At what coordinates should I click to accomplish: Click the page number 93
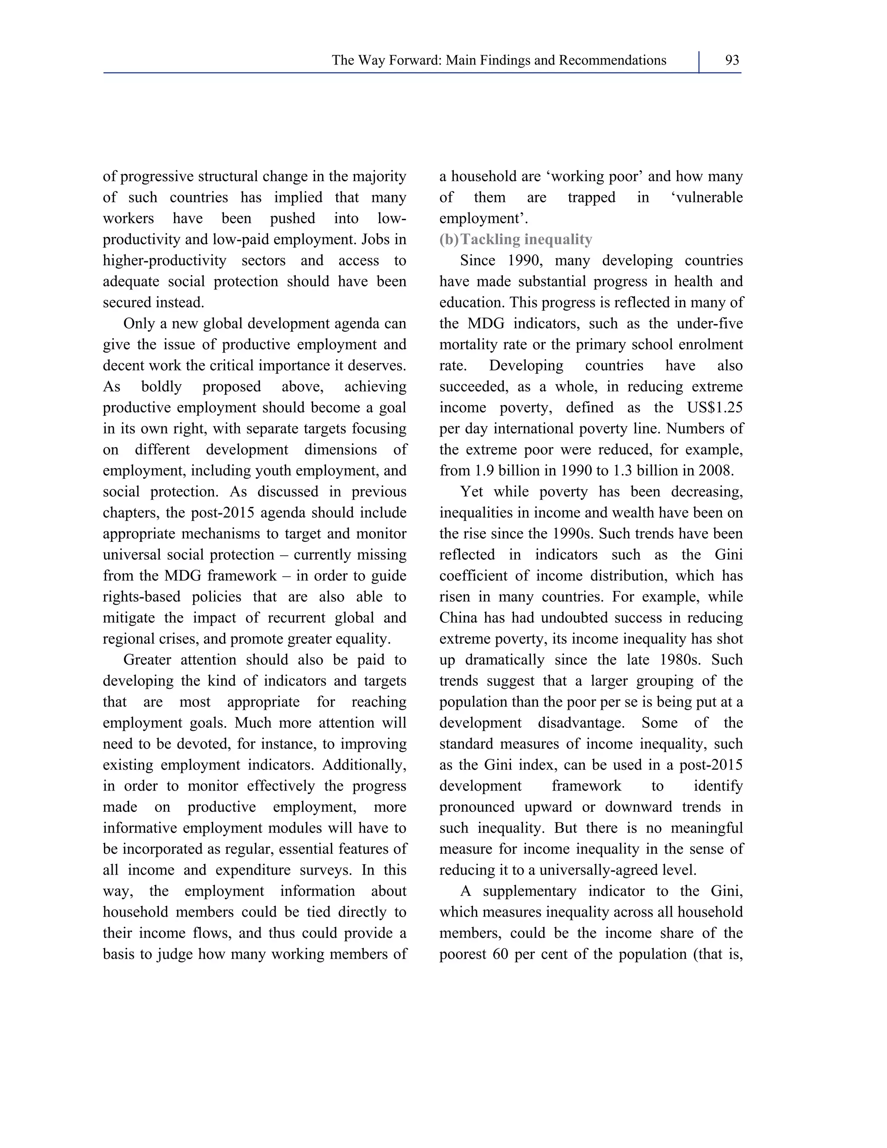click(732, 61)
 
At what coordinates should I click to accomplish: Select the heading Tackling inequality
click(526, 240)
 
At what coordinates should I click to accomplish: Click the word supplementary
click(530, 892)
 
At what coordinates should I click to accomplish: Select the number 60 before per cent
click(501, 954)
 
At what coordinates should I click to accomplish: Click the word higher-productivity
click(165, 261)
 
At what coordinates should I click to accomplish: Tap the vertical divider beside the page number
click(699, 62)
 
